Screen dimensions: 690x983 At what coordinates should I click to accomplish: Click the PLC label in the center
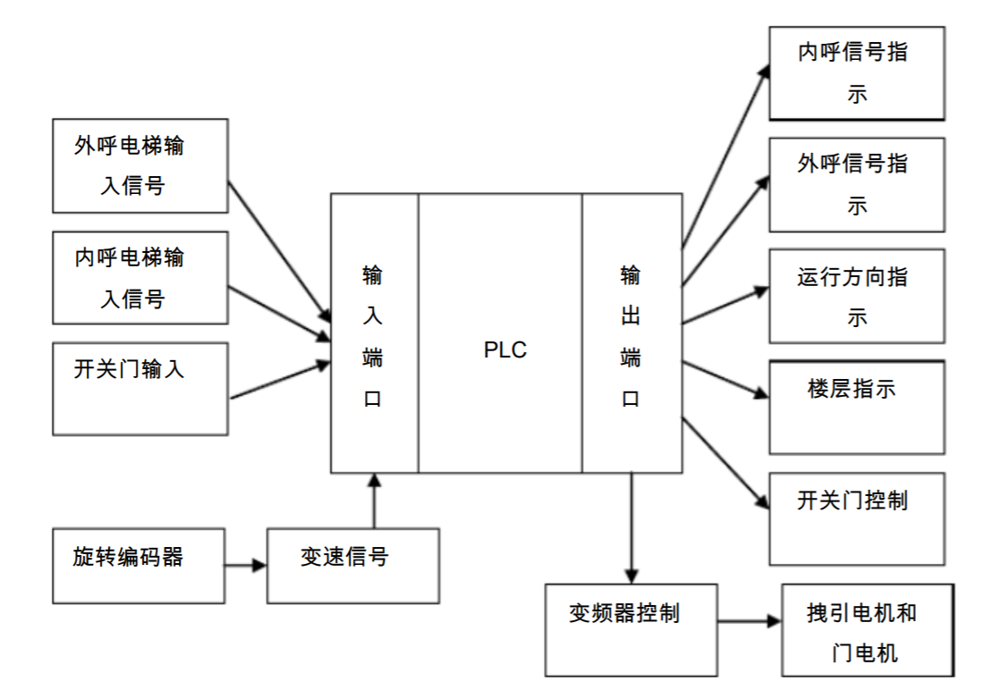504,349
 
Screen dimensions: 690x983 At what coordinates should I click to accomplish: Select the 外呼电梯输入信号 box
140,166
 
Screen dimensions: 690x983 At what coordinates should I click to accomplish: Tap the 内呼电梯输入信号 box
140,278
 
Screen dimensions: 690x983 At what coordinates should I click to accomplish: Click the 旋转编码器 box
139,565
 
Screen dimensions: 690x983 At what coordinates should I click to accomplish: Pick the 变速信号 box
353,565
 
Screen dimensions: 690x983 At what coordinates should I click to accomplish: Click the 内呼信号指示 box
856,73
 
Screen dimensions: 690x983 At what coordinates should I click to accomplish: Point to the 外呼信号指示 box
856,184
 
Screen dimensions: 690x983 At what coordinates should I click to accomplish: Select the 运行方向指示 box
856,296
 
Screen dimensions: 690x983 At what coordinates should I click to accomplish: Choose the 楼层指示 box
856,407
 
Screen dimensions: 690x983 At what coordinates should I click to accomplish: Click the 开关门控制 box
856,518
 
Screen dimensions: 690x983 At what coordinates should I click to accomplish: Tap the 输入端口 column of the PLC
374,333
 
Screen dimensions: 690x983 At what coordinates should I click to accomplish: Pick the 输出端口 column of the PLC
631,333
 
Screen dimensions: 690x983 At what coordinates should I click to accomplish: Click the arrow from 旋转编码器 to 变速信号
244,566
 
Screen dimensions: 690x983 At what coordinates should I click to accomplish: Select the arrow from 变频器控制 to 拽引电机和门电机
749,619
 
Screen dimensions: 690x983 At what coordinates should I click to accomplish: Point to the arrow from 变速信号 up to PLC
374,501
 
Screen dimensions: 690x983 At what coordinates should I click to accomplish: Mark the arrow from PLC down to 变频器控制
632,527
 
